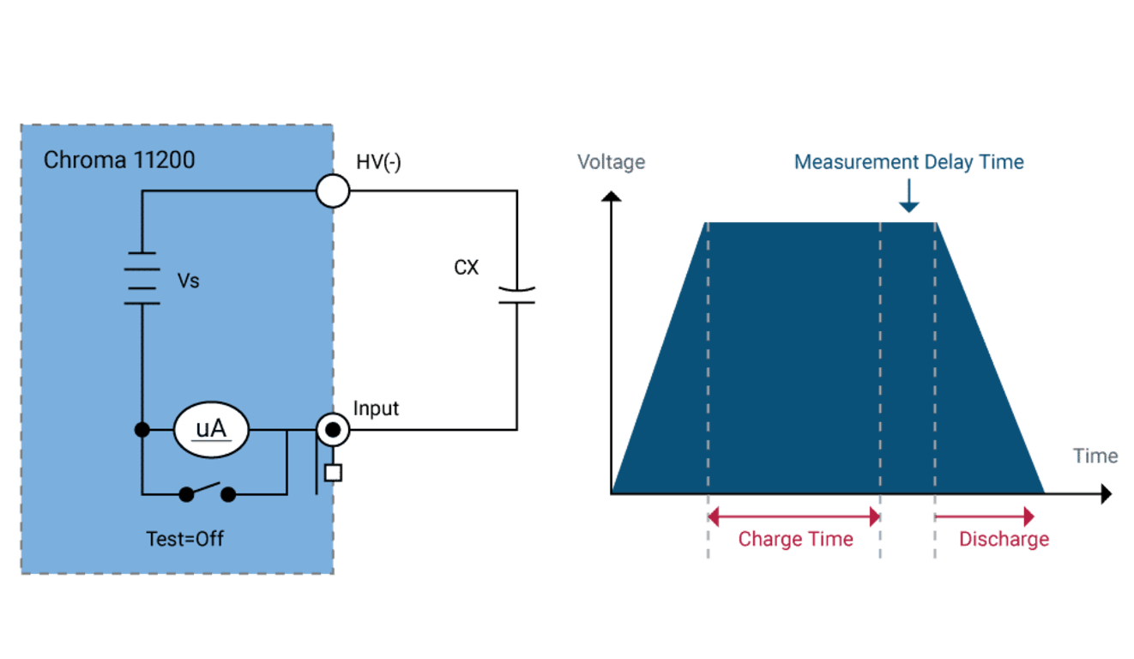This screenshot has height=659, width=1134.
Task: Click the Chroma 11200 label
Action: [119, 160]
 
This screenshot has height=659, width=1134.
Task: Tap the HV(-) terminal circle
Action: [333, 191]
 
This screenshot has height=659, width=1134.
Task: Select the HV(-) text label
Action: [378, 162]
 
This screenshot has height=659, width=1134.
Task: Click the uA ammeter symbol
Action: [211, 430]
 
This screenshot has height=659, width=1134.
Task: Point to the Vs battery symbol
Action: [142, 278]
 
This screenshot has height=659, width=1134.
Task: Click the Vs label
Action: [189, 281]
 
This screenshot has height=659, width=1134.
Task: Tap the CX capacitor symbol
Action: [517, 295]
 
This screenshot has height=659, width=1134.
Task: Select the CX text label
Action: [467, 268]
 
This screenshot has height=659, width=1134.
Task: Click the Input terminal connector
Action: [333, 430]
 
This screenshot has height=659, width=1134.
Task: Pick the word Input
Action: [376, 408]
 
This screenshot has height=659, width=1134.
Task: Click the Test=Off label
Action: [184, 539]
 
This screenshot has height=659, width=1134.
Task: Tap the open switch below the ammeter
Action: [208, 493]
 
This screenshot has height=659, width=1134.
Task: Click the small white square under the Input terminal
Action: [333, 473]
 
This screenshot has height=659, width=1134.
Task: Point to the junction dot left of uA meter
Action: [142, 430]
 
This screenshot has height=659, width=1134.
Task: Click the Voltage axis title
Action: [611, 162]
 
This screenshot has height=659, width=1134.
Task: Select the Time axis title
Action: [1095, 456]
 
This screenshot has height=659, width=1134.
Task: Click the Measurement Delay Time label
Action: [908, 162]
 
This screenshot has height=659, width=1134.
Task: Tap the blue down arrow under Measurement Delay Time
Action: [909, 196]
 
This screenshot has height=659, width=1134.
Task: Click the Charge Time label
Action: [795, 539]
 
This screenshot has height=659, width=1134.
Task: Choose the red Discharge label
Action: [1004, 540]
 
